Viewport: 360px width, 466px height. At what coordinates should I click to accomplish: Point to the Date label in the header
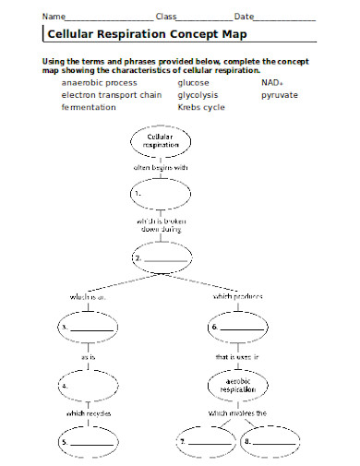(x=244, y=17)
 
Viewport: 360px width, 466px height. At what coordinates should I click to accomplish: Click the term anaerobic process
(x=99, y=82)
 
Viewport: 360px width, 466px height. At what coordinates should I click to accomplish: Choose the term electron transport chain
(x=112, y=94)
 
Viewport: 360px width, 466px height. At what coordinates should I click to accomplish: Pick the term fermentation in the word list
(x=89, y=107)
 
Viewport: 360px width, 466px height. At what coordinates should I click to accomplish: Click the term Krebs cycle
(x=201, y=107)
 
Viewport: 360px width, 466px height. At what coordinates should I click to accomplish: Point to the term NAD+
(x=272, y=82)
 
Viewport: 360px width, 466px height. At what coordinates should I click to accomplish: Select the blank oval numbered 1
(x=154, y=195)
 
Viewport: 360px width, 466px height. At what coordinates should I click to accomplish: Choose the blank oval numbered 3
(x=89, y=327)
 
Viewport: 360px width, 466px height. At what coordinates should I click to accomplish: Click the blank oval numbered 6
(x=239, y=327)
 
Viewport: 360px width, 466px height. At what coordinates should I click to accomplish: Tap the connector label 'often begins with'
(x=161, y=167)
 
